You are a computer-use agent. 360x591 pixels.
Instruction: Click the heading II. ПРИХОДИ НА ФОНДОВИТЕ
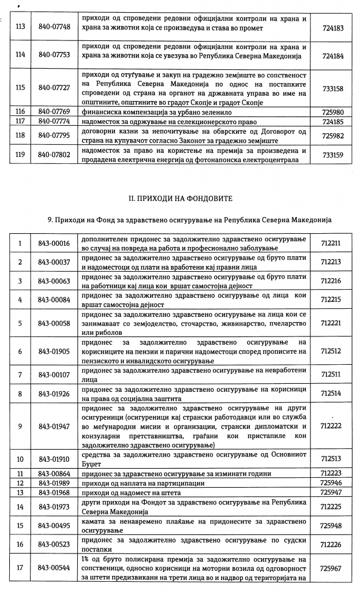179,199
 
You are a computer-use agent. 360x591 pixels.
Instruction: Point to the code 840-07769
54,111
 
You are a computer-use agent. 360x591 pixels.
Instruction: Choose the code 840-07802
54,155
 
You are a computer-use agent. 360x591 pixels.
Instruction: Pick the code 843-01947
54,427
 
